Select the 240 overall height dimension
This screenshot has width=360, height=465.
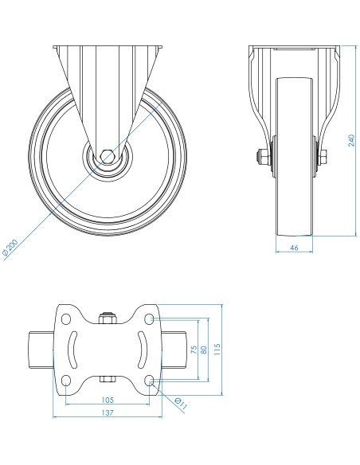pos(351,140)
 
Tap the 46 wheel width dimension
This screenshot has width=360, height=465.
pos(294,248)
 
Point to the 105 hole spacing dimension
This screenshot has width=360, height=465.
pos(108,400)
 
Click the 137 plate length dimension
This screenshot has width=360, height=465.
pos(108,412)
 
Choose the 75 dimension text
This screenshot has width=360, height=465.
pos(194,350)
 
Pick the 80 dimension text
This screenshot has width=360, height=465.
pos(204,350)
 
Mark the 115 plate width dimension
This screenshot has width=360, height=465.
pos(217,350)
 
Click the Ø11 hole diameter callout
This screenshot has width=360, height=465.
pos(181,404)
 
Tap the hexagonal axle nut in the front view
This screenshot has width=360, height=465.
pos(108,157)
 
